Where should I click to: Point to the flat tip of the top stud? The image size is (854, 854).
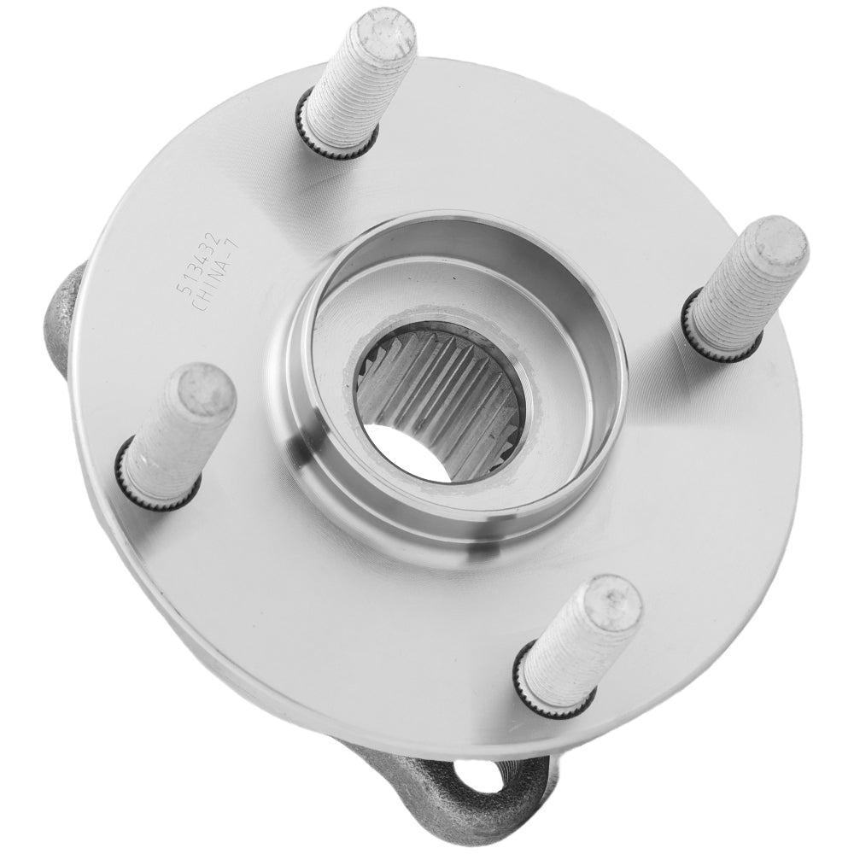[382, 32]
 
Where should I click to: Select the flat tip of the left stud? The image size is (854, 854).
[207, 392]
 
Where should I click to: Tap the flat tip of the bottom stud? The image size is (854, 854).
[614, 603]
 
